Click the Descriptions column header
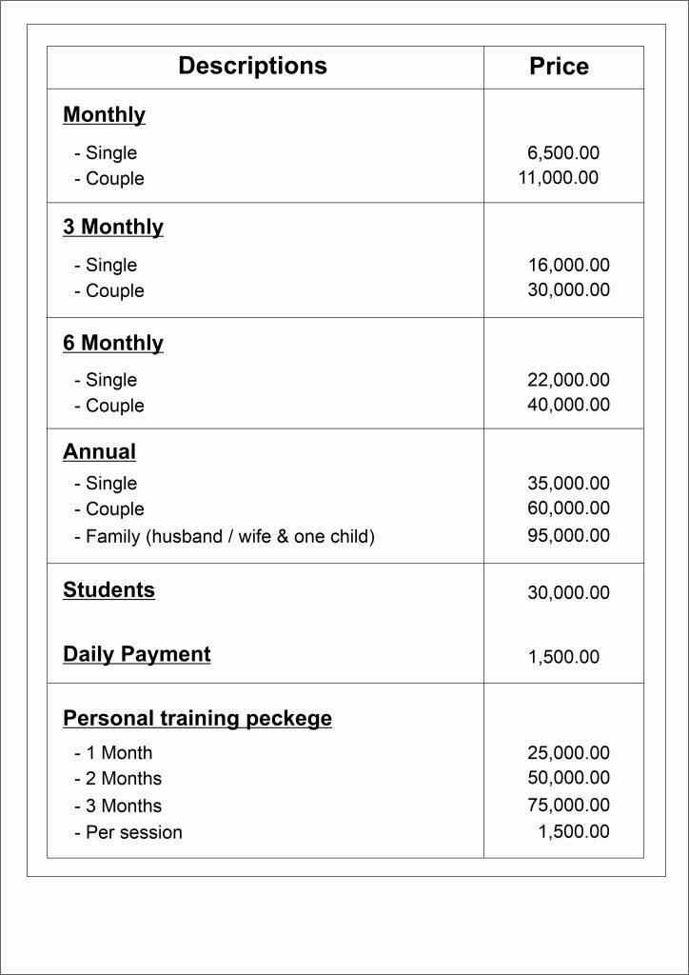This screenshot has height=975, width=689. tap(252, 66)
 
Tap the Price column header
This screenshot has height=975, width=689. tap(559, 67)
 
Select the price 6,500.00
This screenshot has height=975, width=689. tap(563, 152)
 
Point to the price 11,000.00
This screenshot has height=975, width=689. tap(558, 178)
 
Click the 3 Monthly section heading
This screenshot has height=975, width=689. tap(113, 228)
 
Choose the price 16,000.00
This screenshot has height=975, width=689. tap(568, 266)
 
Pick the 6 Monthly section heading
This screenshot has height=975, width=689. tap(113, 343)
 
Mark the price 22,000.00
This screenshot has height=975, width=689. tap(568, 380)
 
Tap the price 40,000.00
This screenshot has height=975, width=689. tap(568, 405)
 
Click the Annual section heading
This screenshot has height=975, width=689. tap(100, 451)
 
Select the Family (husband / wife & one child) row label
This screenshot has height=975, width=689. tap(225, 537)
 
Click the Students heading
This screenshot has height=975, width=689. tap(109, 590)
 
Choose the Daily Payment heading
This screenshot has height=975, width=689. tap(137, 655)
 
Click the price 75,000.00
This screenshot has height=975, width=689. tap(568, 806)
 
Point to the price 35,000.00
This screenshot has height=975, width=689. tap(568, 484)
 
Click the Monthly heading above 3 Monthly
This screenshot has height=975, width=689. tap(105, 115)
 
